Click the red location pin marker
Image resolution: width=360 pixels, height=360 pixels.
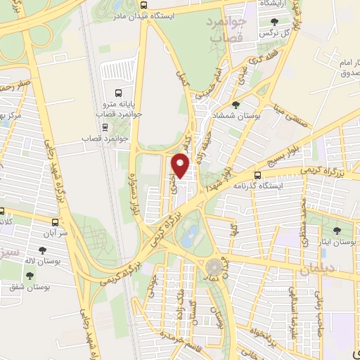coord(182,165)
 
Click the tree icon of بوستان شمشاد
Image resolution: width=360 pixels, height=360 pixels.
coord(235,105)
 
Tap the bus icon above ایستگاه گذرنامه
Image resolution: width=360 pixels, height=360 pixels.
coord(258,174)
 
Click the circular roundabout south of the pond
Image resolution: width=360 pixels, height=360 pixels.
coord(213,268)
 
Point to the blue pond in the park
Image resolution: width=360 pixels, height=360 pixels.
coord(188,238)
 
